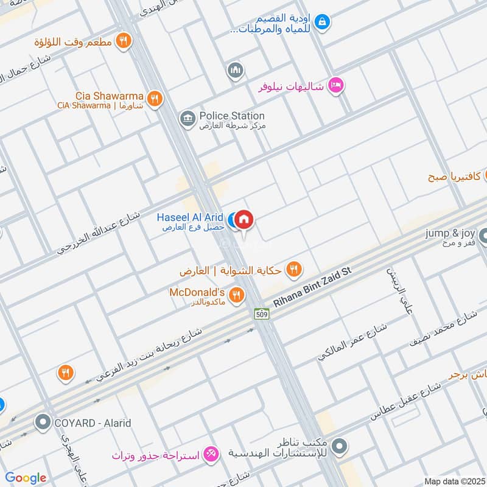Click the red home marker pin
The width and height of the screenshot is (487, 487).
pyautogui.click(x=244, y=220)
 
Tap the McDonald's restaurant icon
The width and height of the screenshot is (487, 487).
pyautogui.click(x=237, y=295)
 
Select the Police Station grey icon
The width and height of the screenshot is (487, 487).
pyautogui.click(x=187, y=117)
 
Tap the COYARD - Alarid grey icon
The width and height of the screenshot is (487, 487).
pyautogui.click(x=43, y=422)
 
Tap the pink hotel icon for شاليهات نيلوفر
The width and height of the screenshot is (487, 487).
pyautogui.click(x=335, y=86)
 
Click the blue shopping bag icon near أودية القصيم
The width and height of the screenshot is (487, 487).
pyautogui.click(x=322, y=22)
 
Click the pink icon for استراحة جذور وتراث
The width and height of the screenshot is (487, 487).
pyautogui.click(x=212, y=454)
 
